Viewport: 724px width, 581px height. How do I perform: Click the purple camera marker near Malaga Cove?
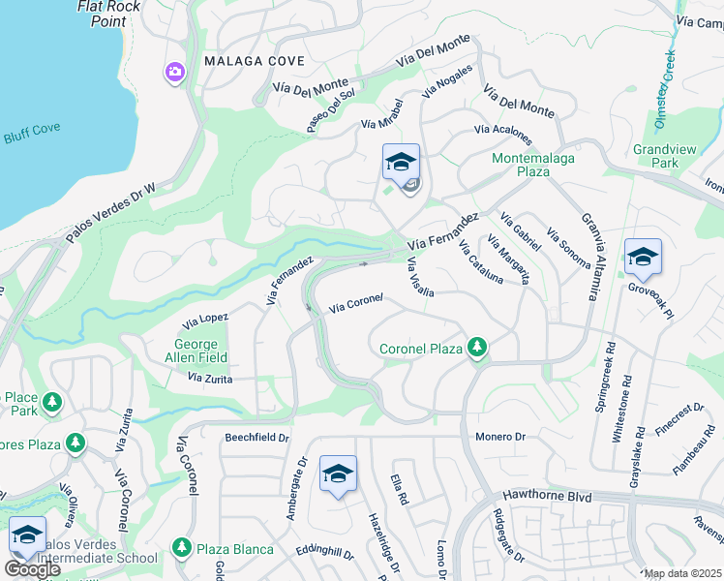175,72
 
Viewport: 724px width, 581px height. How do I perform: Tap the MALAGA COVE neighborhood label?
255,61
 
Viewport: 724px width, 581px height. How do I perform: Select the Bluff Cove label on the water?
33,137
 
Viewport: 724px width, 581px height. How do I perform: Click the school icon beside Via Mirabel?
401,163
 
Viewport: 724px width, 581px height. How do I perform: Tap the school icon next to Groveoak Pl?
643,258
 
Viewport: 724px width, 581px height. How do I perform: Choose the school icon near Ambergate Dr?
338,474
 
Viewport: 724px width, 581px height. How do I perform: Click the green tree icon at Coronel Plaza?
475,347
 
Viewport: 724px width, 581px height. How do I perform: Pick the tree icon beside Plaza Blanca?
181,548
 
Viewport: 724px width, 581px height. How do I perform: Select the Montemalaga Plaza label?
533,165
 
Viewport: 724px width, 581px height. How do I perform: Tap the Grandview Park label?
658,157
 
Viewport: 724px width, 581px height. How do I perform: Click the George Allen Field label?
201,351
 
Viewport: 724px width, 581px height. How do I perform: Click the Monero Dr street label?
499,437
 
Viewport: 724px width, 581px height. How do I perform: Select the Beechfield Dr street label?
257,438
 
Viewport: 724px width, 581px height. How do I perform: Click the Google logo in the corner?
32,569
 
